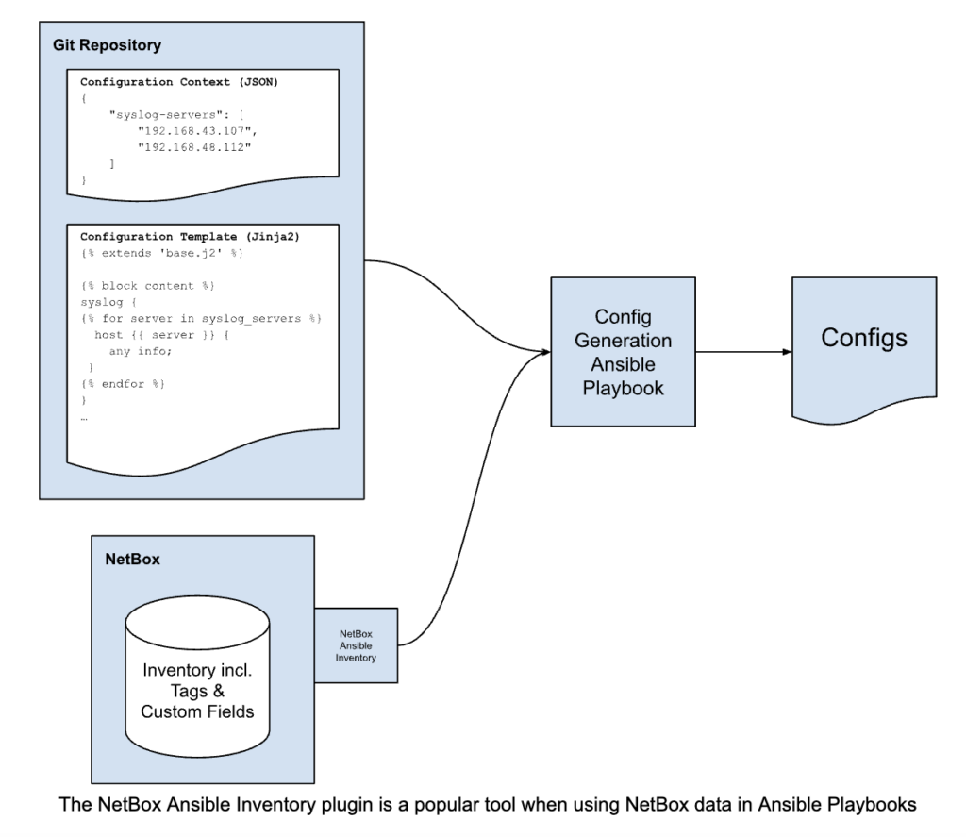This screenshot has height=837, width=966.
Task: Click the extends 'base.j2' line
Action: pos(162,253)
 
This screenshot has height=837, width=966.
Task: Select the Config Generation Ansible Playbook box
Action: pos(623,351)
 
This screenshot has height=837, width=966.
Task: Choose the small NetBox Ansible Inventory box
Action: pos(356,645)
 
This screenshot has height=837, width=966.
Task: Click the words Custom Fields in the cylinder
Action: pos(197,711)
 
